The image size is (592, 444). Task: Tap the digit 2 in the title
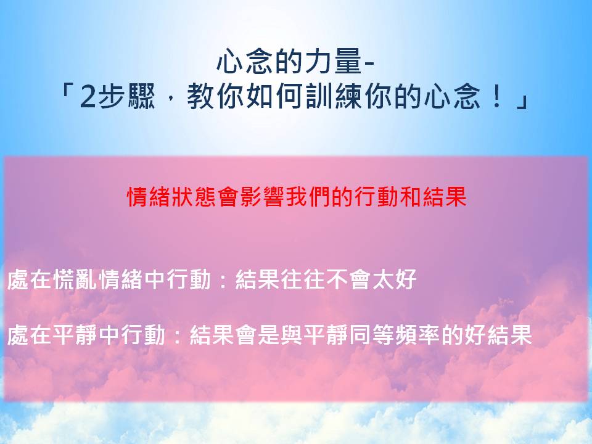click(x=87, y=97)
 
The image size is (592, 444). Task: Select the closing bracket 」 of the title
click(x=522, y=99)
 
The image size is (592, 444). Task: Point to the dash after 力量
click(x=368, y=64)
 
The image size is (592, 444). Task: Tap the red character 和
click(x=409, y=197)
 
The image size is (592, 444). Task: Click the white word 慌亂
click(x=75, y=279)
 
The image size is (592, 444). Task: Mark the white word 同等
click(x=372, y=335)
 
